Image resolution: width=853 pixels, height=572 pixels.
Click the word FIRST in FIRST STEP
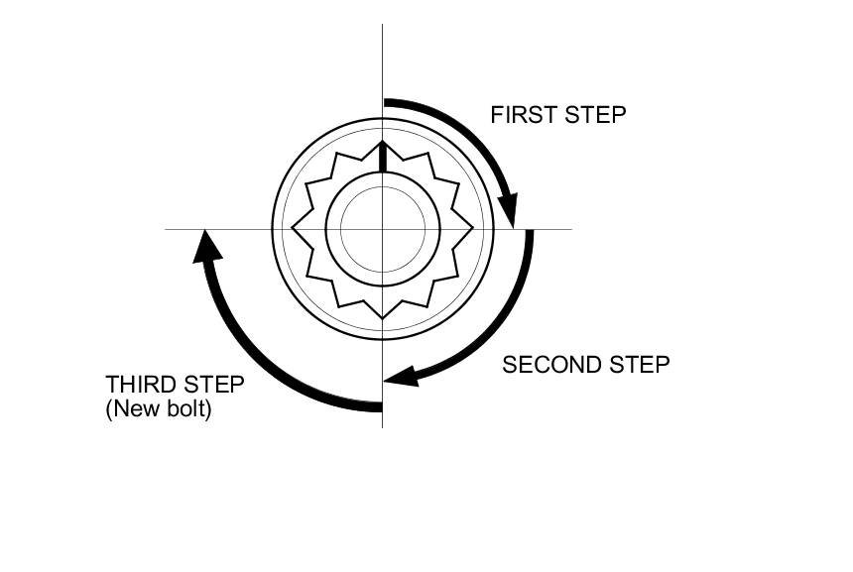pos(524,115)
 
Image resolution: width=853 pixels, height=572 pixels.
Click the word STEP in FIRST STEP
pos(596,115)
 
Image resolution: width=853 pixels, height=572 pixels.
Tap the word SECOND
pos(548,365)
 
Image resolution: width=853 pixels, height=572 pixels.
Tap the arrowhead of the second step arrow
pos(400,377)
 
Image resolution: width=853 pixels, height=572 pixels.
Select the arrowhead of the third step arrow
pos(205,245)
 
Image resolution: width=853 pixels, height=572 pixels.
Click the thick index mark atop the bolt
pos(383,158)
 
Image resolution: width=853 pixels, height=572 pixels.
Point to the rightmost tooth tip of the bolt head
pos(473,229)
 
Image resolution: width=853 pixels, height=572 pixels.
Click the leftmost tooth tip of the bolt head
pos(293,229)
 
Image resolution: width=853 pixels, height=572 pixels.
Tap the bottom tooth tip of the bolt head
pos(383,318)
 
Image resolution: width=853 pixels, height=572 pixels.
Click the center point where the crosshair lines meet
pos(383,229)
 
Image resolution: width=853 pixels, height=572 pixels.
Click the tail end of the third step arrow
pos(380,405)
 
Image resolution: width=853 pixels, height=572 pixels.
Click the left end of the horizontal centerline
pos(167,229)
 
